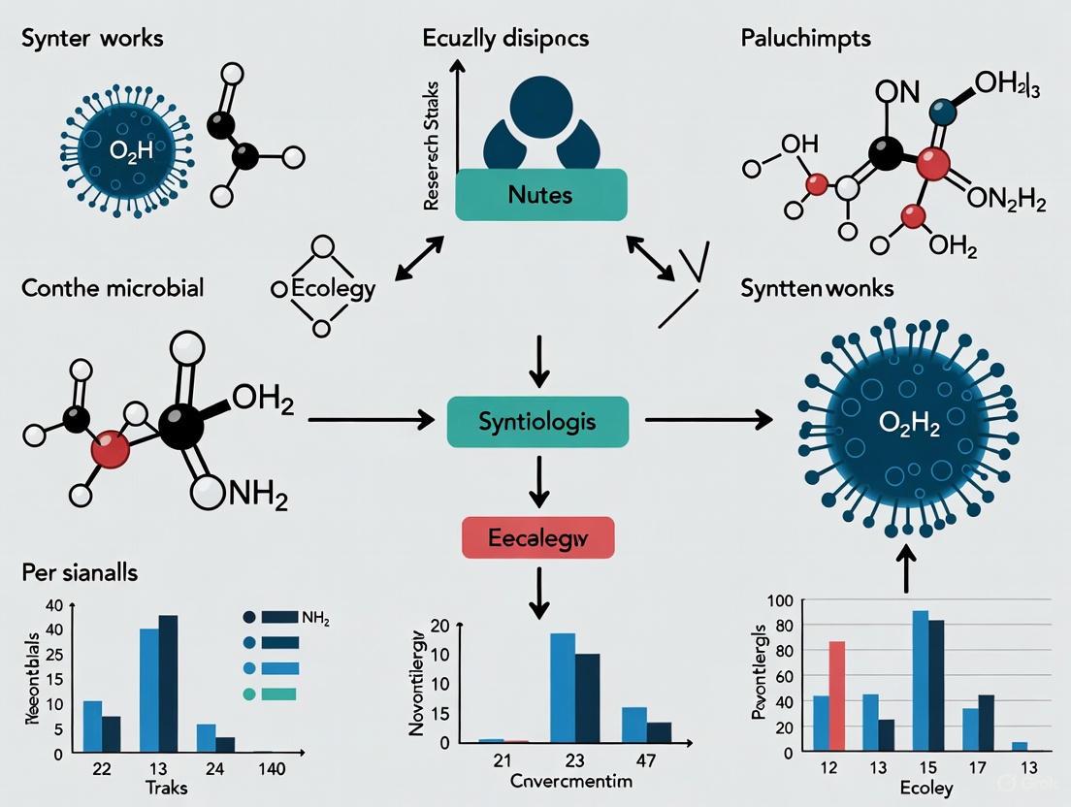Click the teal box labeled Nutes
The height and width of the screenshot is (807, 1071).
click(539, 194)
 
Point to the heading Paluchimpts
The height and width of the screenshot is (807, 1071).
click(804, 40)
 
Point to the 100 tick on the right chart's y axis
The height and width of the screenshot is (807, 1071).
click(780, 601)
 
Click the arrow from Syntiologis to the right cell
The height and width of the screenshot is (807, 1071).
click(708, 420)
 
